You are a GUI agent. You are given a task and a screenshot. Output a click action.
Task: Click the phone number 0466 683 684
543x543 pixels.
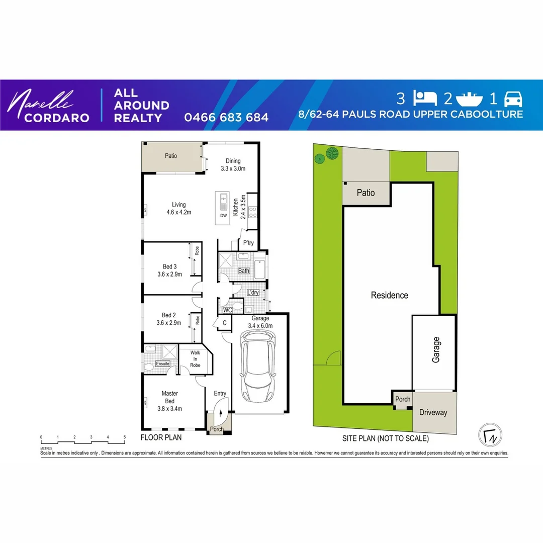(226, 118)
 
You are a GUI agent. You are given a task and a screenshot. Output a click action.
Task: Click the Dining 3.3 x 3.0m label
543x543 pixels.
(233, 165)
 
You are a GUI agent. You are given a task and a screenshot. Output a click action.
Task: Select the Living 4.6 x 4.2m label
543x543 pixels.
(178, 208)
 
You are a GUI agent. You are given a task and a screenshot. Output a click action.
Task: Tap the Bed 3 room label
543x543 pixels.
(169, 270)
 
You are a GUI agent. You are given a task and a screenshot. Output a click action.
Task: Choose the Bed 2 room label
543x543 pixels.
(169, 319)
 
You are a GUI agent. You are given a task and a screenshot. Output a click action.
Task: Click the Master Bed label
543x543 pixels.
(169, 401)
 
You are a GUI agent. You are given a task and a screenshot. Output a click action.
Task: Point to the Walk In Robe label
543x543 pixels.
(195, 359)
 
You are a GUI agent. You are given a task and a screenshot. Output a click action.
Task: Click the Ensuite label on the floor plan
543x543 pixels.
(162, 364)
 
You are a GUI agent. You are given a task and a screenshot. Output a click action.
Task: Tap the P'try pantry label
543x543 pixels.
(248, 243)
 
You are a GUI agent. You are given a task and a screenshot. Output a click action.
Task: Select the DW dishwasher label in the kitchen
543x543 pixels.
(224, 216)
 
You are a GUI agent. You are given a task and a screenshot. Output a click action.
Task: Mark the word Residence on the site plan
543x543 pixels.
(389, 295)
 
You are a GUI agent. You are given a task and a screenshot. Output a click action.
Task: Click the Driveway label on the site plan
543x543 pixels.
(433, 412)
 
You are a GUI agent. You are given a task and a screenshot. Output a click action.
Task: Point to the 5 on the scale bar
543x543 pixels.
(124, 437)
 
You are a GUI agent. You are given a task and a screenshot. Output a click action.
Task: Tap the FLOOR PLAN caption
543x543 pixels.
(161, 438)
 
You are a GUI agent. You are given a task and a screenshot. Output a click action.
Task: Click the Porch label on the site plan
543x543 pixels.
(403, 399)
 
